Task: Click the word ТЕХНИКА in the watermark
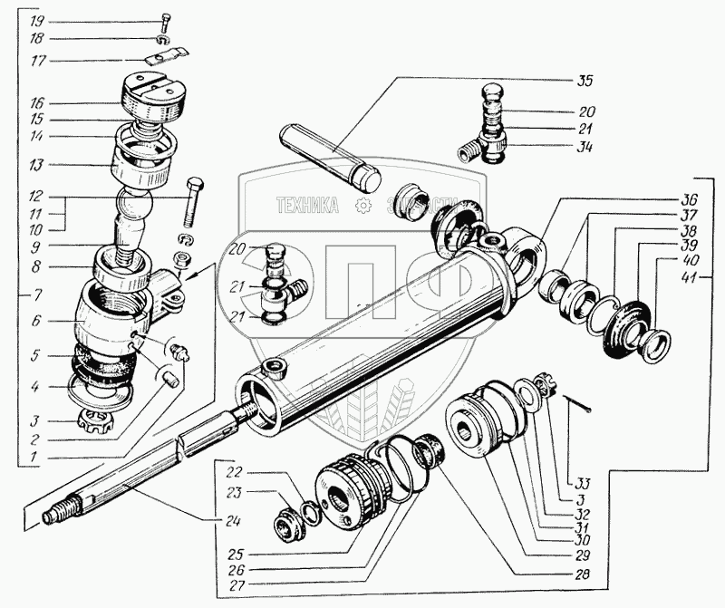click(307, 206)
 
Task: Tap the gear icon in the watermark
click(364, 206)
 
